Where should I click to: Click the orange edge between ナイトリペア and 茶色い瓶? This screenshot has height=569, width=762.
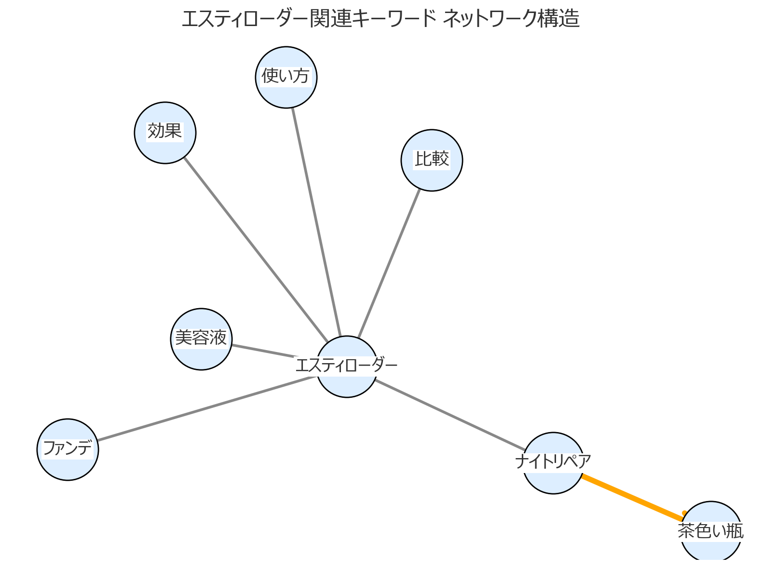point(632,497)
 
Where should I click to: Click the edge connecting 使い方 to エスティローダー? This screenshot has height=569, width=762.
point(316,222)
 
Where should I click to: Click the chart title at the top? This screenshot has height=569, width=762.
point(381,19)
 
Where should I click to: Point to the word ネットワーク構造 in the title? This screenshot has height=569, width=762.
point(511,19)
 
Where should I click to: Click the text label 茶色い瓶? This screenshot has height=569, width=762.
point(710,531)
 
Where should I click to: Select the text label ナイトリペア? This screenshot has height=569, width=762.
point(553,461)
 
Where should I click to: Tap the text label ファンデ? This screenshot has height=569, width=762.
point(68,448)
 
